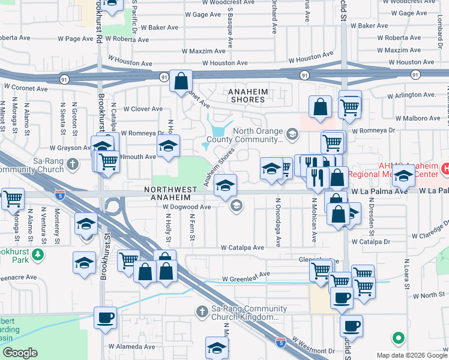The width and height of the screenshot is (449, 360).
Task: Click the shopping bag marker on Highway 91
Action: coord(181,81)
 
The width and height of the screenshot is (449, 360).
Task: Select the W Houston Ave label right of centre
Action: coord(310,57)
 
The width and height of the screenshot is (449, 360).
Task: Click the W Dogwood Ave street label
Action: coord(187,206)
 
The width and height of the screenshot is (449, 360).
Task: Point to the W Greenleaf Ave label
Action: coord(246,279)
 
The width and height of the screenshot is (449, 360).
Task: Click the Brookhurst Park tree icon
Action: coord(38,255)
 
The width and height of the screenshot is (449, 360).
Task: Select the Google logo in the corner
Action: coord(20,353)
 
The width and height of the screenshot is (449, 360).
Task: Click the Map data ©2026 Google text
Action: coord(411,355)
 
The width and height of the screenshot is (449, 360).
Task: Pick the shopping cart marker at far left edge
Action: coord(12,198)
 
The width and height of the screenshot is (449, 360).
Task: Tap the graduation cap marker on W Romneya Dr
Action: coord(169,145)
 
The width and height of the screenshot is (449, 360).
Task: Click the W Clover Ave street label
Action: coord(143,109)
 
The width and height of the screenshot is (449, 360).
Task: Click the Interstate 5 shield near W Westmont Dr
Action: coord(280,342)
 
